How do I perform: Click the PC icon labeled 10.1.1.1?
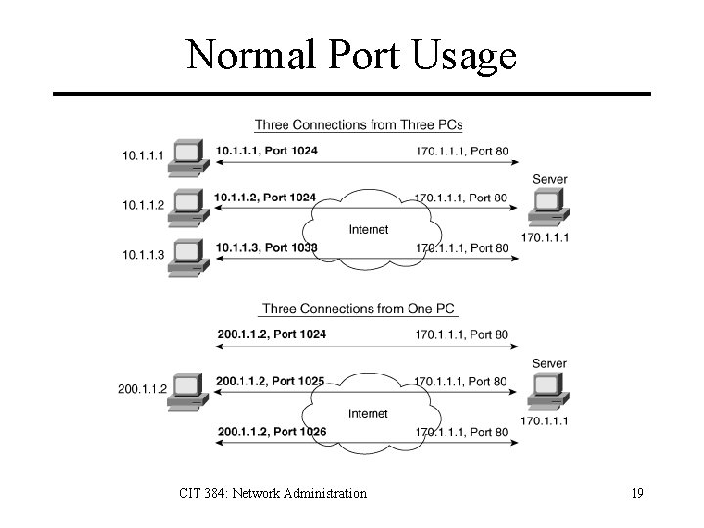click(x=187, y=156)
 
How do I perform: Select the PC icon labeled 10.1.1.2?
click(x=187, y=204)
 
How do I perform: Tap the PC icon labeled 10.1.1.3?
click(x=187, y=254)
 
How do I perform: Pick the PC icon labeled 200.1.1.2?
click(x=187, y=388)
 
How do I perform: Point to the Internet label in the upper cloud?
click(x=369, y=230)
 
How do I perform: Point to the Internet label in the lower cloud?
click(x=369, y=414)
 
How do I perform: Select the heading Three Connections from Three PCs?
click(x=359, y=125)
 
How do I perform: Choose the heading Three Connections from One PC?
click(x=359, y=309)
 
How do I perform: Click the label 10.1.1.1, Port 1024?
click(x=265, y=151)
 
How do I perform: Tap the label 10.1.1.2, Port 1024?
click(x=265, y=198)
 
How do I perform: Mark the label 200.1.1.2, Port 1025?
click(x=269, y=380)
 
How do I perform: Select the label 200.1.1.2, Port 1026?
click(x=269, y=431)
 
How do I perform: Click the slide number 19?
click(x=637, y=493)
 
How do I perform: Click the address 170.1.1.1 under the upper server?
click(x=545, y=238)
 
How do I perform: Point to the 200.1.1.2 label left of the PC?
click(x=142, y=389)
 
